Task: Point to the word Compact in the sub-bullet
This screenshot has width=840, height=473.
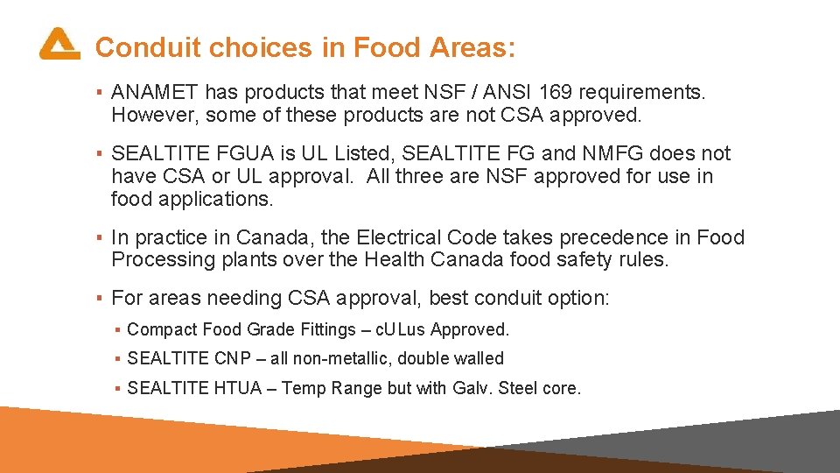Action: [x=162, y=330]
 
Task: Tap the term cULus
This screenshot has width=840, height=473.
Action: [x=399, y=330]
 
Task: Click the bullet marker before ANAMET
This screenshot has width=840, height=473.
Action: [x=101, y=92]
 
